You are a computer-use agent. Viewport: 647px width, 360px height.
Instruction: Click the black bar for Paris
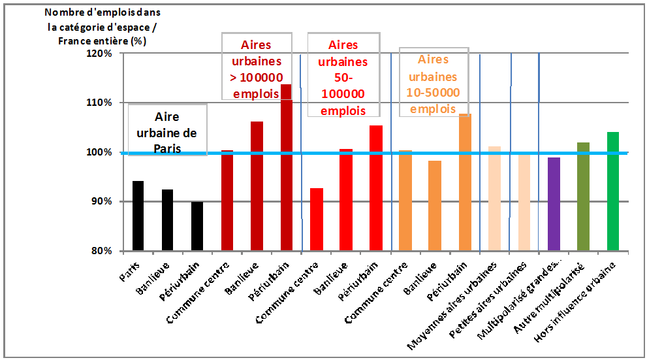tap(138, 216)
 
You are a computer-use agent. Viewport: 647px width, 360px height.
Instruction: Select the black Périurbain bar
tap(197, 226)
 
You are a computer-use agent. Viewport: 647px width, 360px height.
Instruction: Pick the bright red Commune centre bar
tap(316, 220)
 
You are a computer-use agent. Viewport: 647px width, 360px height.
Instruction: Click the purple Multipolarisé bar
tap(554, 204)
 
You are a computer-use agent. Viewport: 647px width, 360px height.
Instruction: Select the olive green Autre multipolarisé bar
tap(583, 196)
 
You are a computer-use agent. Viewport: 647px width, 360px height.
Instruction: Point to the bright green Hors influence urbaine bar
tap(612, 191)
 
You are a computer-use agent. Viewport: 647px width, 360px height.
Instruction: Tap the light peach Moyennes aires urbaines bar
tap(494, 199)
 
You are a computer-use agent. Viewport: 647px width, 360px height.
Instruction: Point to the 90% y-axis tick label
tap(102, 201)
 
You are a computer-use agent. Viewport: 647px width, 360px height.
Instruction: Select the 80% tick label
tap(102, 251)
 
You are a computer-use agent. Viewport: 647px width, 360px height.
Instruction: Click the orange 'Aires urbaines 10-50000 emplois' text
tap(433, 84)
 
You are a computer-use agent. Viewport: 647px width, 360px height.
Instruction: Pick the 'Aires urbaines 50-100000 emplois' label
tap(343, 77)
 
